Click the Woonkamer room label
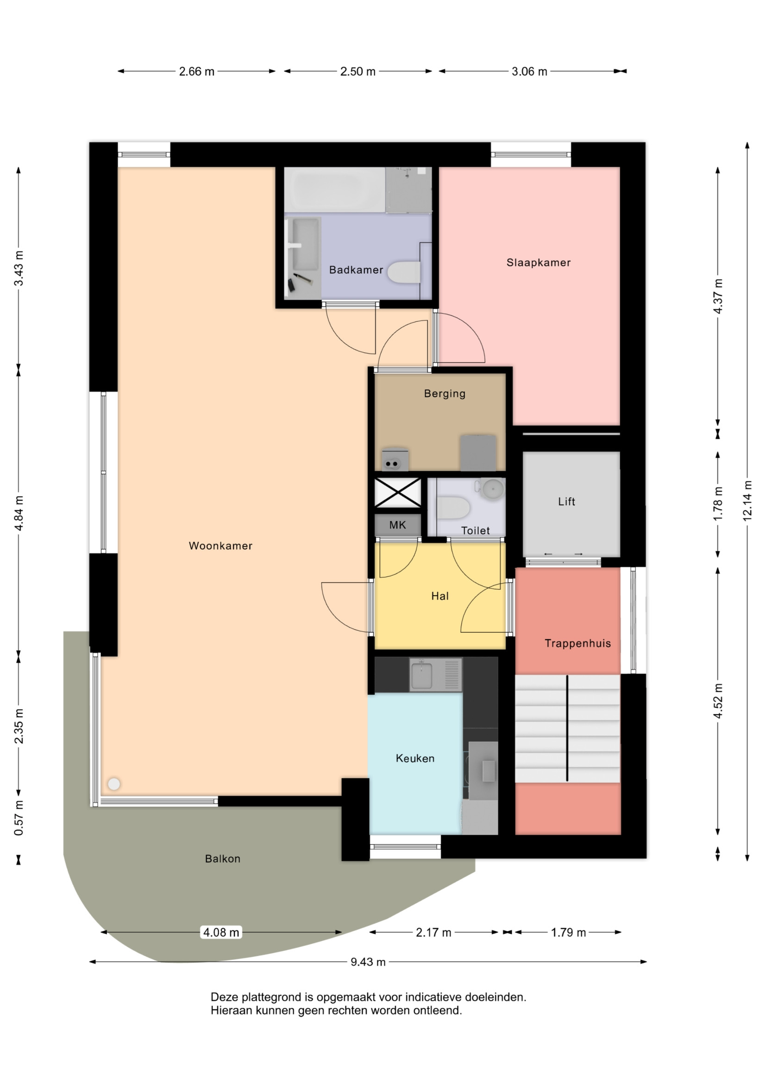pos(220,546)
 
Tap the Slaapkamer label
pos(538,263)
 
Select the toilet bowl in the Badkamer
pos(404,272)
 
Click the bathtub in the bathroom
pos(334,189)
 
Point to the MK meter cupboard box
pos(398,525)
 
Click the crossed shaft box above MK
pos(398,492)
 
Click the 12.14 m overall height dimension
pos(747,501)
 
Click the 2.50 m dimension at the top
pos(357,71)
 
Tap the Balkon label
pos(223,858)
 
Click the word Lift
pos(566,501)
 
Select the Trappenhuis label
pos(577,643)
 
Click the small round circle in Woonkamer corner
pos(113,784)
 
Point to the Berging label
pos(444,393)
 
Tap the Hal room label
pos(439,596)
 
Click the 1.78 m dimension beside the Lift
pos(718,504)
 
